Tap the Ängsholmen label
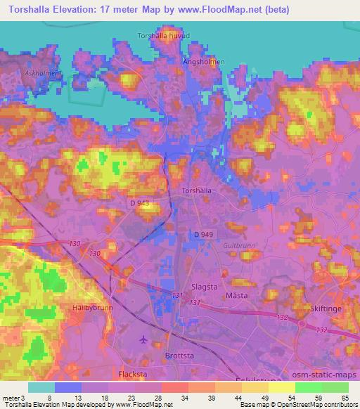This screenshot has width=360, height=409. [205, 61]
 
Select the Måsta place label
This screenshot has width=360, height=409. [236, 296]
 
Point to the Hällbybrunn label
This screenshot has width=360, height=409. [93, 308]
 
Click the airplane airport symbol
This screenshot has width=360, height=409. [145, 339]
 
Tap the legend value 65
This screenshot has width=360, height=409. [344, 397]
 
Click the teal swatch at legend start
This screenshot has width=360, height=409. [41, 387]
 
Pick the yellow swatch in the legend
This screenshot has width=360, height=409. [282, 387]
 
